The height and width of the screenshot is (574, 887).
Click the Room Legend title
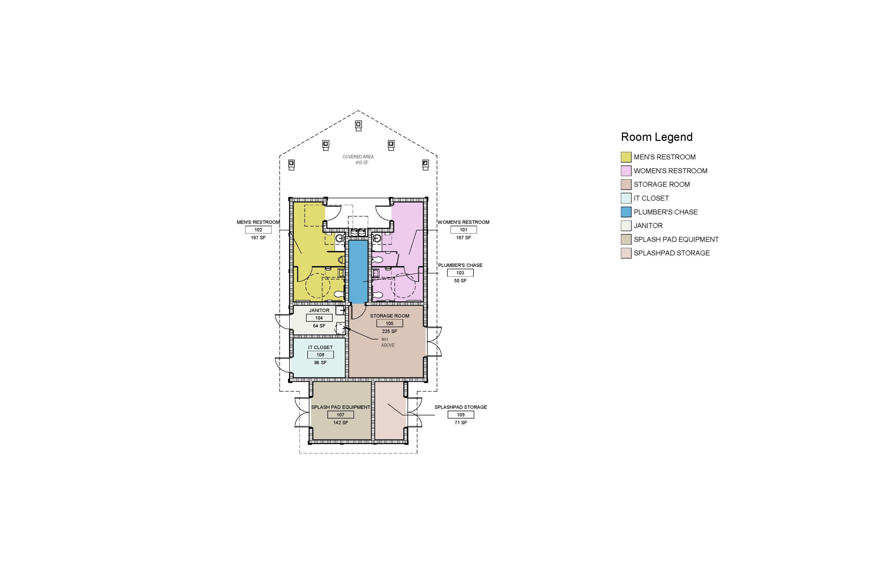click(656, 137)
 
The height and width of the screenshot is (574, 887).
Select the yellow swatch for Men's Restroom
click(626, 157)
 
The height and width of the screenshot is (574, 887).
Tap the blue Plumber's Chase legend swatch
click(626, 212)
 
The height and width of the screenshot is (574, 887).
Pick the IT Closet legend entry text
click(651, 198)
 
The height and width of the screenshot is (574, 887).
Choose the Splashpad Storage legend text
click(672, 253)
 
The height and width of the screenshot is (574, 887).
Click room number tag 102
click(258, 230)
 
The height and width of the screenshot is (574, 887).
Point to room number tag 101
click(464, 230)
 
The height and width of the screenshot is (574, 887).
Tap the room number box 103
click(460, 273)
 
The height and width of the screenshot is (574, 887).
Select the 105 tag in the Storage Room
click(389, 323)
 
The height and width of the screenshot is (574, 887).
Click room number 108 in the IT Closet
click(320, 355)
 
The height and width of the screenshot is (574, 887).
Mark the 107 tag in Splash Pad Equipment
click(341, 415)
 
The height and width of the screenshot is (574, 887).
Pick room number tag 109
click(461, 415)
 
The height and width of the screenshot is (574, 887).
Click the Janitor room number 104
click(319, 318)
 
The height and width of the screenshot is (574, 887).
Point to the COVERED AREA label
click(358, 157)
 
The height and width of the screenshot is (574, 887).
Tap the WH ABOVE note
click(387, 342)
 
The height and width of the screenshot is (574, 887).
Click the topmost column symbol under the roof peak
click(358, 125)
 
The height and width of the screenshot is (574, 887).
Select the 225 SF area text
click(390, 331)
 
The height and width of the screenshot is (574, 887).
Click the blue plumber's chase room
click(358, 272)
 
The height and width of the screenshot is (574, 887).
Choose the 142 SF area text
click(341, 423)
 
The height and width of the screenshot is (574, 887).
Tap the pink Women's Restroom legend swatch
click(626, 171)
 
